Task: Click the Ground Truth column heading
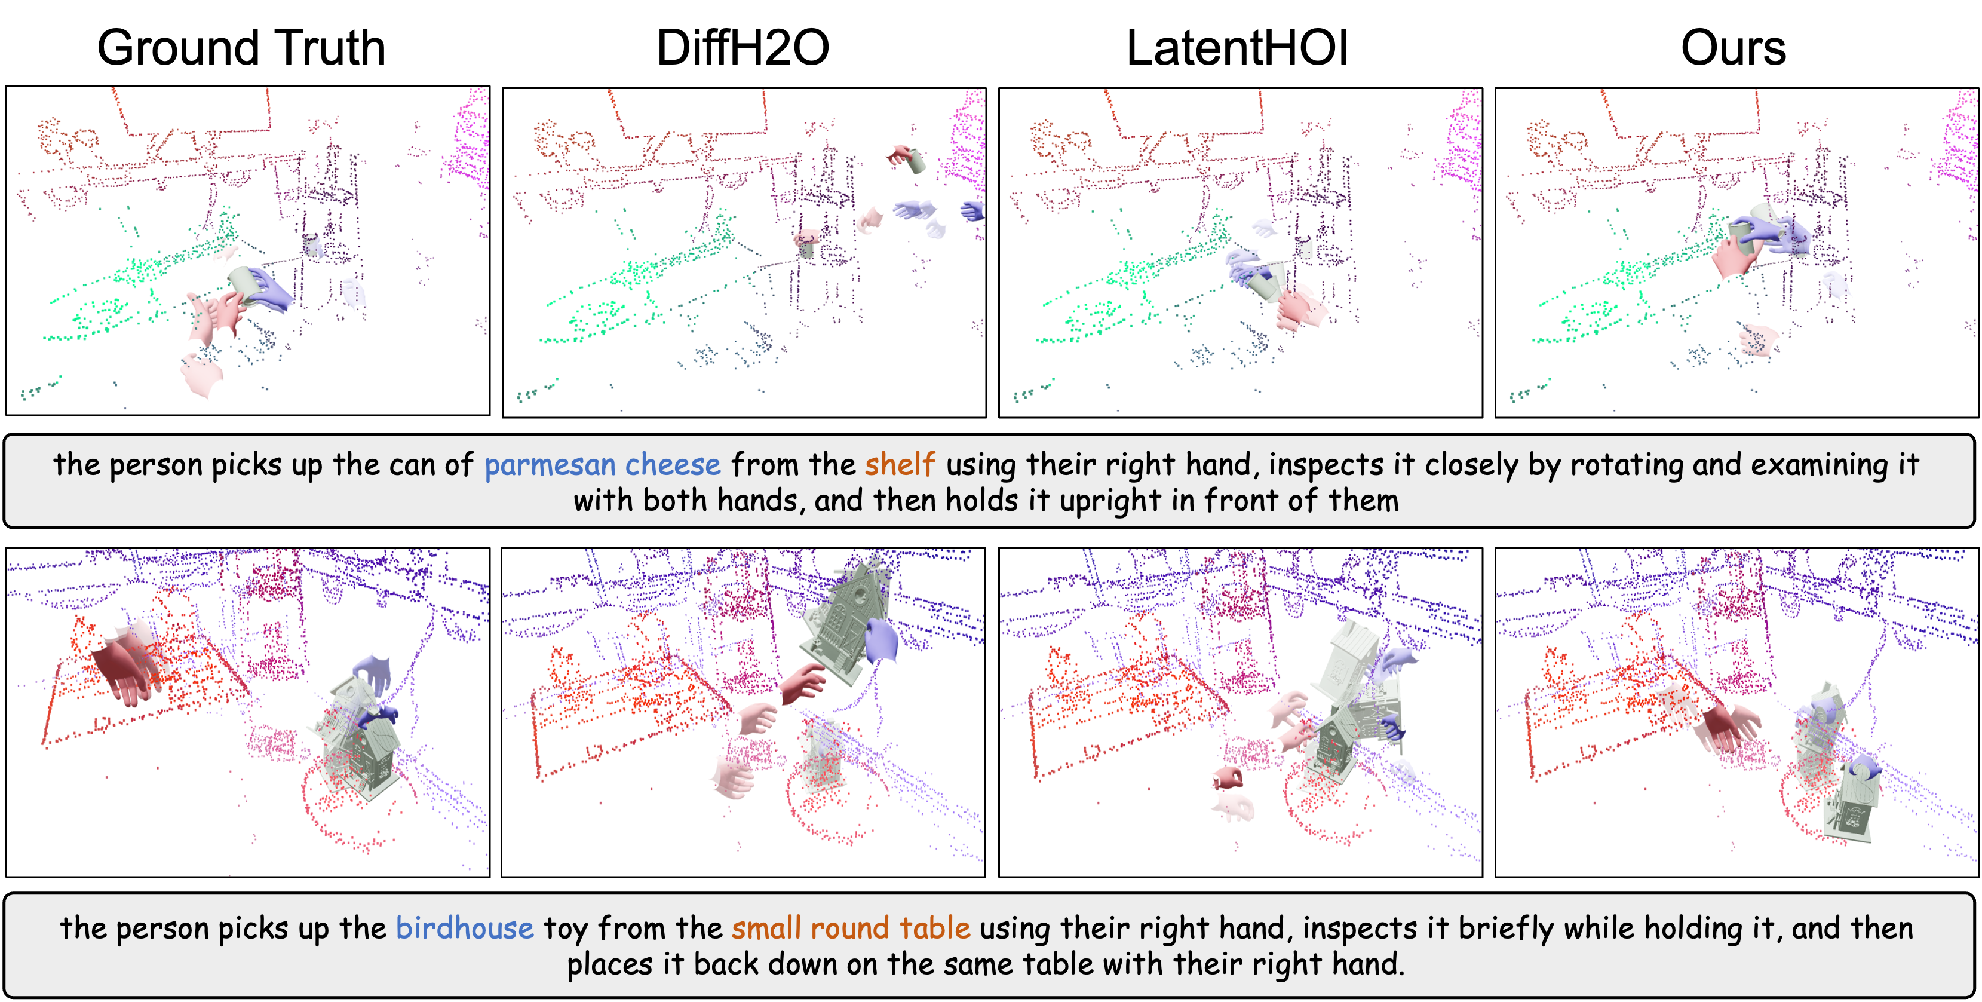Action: (x=241, y=48)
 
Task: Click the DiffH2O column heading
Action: (x=743, y=48)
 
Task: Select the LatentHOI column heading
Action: (x=1237, y=48)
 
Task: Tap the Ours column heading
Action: (x=1733, y=48)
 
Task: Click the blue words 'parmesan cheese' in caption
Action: (x=603, y=465)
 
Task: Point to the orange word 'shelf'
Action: (x=900, y=464)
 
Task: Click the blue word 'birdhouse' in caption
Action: (x=465, y=927)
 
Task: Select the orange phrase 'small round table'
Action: (x=851, y=927)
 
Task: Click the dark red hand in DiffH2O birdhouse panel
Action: (x=802, y=684)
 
